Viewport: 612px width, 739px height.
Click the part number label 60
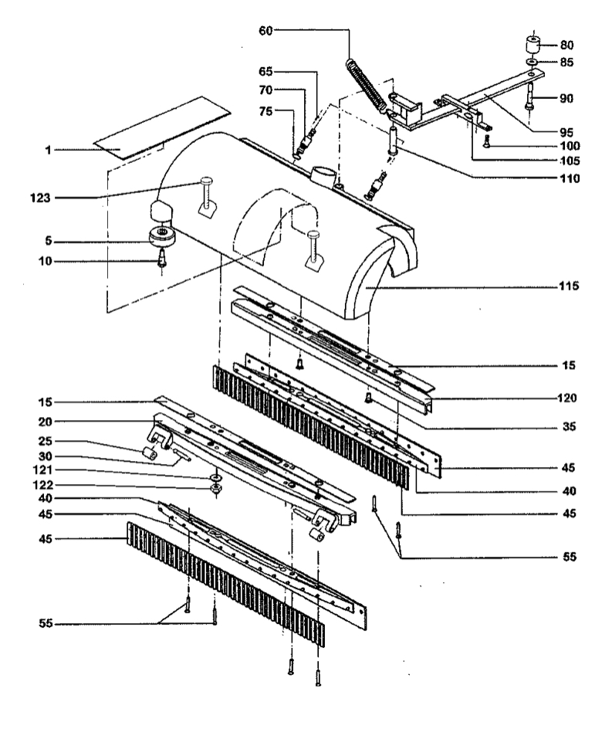click(x=265, y=31)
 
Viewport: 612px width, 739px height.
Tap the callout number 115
click(x=569, y=286)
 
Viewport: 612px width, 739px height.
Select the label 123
click(x=40, y=198)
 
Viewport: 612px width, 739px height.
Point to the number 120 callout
click(x=566, y=398)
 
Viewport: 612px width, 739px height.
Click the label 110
click(x=570, y=178)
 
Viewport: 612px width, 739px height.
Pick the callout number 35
click(x=569, y=426)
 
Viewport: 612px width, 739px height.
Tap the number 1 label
click(x=48, y=151)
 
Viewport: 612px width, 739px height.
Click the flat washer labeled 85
click(x=532, y=62)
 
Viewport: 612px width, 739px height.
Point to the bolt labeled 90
click(x=530, y=97)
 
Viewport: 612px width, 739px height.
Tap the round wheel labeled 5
click(x=163, y=236)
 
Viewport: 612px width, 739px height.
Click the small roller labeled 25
click(x=150, y=454)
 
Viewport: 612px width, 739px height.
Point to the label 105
click(x=570, y=161)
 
